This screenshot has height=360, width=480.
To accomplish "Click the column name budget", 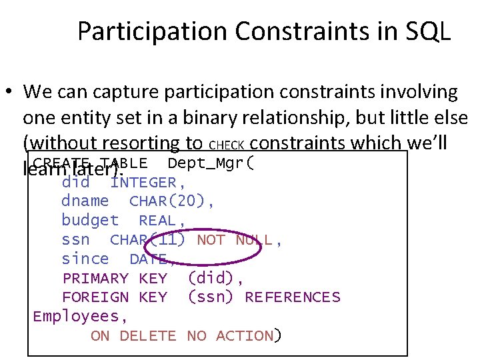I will [90, 221].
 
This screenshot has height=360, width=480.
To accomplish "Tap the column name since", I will [85, 259].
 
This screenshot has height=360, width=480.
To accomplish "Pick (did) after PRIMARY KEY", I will [211, 278].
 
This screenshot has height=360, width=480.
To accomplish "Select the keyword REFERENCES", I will [292, 297].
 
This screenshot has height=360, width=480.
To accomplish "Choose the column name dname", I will [85, 201].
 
